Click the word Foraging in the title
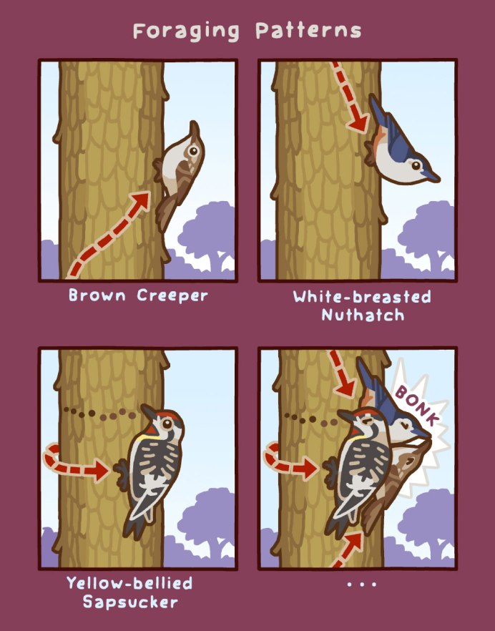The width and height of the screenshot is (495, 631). coord(186,31)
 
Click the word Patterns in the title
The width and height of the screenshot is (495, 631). coord(309,31)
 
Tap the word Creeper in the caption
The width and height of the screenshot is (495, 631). coord(172,295)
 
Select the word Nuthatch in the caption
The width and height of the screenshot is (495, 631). coord(363,315)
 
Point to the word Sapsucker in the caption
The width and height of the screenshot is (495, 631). coord(130,602)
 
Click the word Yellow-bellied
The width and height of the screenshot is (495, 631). coord(129,583)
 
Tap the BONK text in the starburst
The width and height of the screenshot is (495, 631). coord(416,405)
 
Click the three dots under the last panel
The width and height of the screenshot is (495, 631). coord(361,584)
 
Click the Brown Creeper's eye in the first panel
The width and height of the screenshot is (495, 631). coord(194,151)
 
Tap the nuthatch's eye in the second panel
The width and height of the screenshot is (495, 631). coord(416,165)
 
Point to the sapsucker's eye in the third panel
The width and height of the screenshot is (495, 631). coord(167,424)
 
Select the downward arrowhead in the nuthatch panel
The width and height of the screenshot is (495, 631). coord(358,123)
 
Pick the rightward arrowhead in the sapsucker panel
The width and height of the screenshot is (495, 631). coord(100,470)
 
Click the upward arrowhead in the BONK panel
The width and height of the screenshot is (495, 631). coord(353,542)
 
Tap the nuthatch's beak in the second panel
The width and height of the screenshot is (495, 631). coord(431,176)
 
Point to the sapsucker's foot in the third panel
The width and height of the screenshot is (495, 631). coord(121,475)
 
